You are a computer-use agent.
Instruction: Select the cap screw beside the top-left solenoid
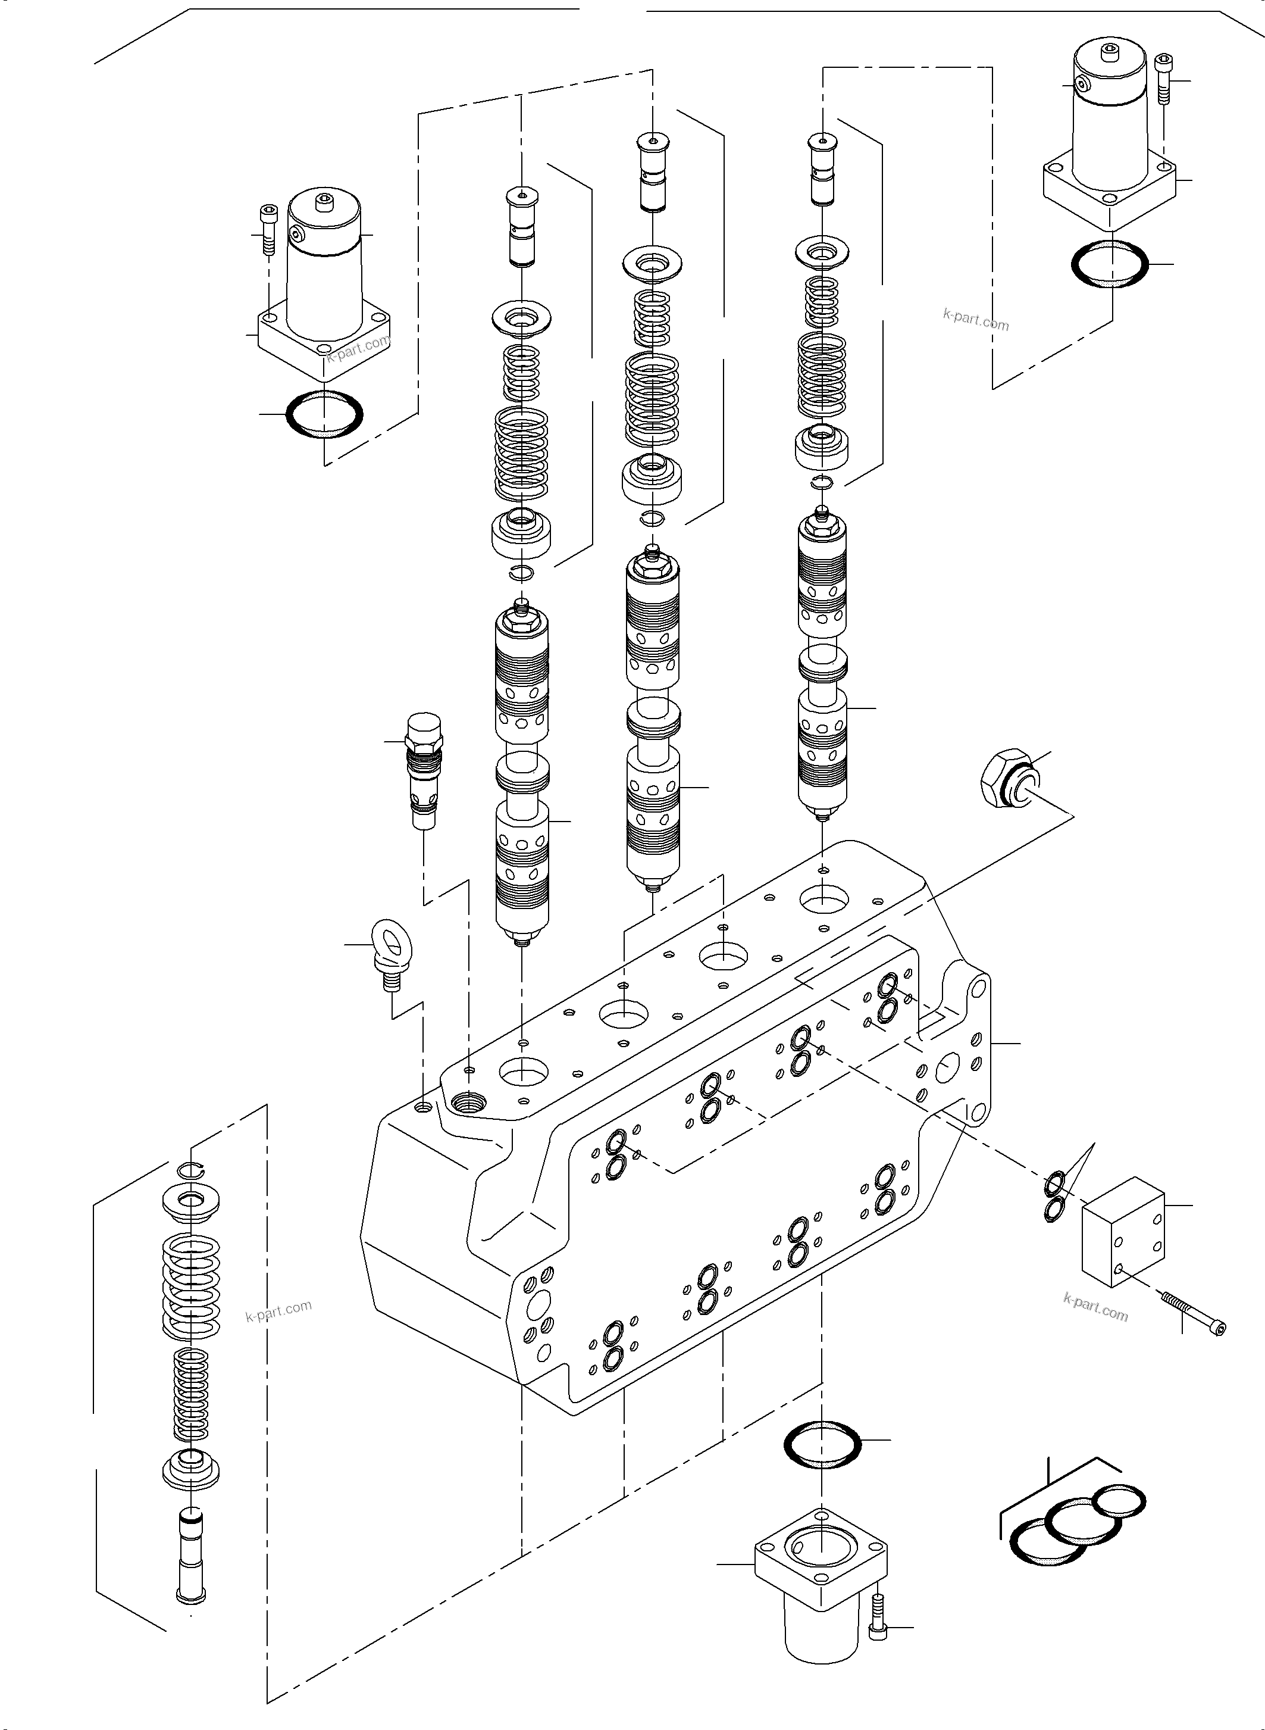click(x=267, y=230)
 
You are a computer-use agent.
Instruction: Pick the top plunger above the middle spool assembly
click(x=652, y=173)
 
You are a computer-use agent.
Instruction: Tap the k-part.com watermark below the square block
click(x=1095, y=1308)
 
